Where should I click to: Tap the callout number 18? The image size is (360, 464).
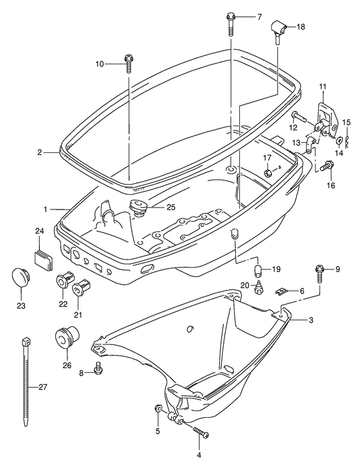pyautogui.click(x=301, y=26)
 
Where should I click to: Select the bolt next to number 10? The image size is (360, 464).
pyautogui.click(x=129, y=64)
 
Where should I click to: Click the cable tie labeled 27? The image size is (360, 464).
pyautogui.click(x=26, y=382)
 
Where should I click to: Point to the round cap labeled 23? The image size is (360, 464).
pyautogui.click(x=21, y=278)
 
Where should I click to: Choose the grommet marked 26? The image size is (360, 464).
pyautogui.click(x=67, y=337)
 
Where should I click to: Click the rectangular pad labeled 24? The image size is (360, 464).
pyautogui.click(x=44, y=257)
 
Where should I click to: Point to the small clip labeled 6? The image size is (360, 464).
pyautogui.click(x=282, y=292)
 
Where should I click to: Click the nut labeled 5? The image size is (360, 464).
pyautogui.click(x=158, y=409)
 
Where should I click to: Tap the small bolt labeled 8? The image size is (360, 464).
pyautogui.click(x=98, y=368)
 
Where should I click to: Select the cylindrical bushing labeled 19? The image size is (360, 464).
pyautogui.click(x=258, y=270)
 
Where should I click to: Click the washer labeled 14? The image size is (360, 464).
pyautogui.click(x=339, y=140)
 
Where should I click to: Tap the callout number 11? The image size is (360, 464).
pyautogui.click(x=323, y=86)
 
